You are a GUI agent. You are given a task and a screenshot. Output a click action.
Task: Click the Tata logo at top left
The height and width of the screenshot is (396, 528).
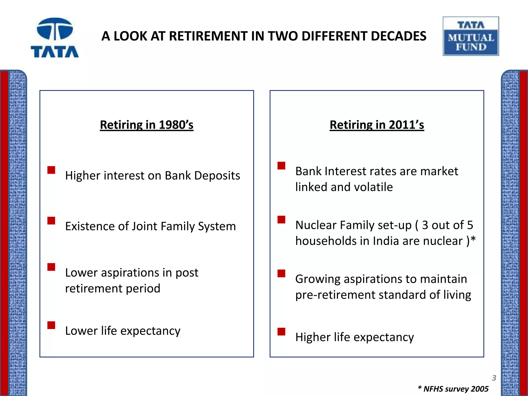(55, 38)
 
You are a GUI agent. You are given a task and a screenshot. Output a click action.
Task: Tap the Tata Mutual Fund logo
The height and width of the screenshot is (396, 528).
(471, 36)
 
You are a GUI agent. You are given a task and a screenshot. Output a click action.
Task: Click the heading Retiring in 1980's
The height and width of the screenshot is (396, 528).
(146, 125)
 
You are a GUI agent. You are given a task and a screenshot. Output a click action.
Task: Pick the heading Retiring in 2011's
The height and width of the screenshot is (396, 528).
(377, 125)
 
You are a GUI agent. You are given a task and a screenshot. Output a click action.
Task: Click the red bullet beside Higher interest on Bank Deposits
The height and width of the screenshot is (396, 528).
(51, 170)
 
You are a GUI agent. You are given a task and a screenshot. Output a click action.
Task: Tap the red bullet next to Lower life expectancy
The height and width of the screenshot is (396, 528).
(51, 325)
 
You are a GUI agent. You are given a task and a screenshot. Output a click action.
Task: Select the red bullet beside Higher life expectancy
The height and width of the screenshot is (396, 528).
(281, 332)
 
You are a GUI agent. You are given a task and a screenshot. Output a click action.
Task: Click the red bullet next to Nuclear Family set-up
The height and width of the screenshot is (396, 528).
(281, 219)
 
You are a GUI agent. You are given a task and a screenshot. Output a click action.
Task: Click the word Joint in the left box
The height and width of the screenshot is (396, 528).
(144, 226)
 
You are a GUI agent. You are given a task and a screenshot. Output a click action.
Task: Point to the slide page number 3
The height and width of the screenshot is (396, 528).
(494, 378)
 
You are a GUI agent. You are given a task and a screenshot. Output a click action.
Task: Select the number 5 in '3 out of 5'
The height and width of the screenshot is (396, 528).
(470, 225)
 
